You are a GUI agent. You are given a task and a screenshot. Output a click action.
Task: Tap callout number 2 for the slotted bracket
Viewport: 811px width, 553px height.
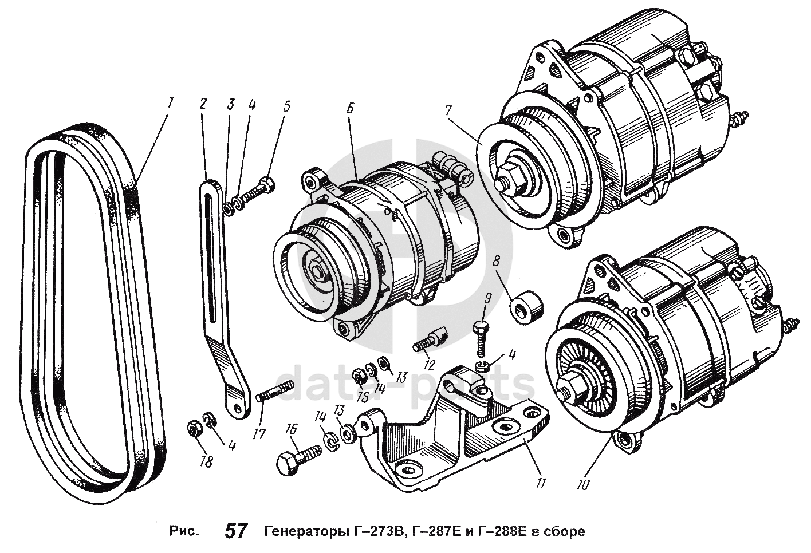pos(203,104)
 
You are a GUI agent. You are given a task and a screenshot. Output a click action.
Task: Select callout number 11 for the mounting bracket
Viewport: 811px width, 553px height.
pos(540,483)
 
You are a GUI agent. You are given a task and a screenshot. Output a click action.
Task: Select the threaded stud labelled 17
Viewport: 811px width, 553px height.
pos(275,393)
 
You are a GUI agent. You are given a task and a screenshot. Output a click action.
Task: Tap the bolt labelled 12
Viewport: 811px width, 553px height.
pos(431,338)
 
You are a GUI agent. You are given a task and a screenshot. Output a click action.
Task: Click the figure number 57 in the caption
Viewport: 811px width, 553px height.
pos(236,531)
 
